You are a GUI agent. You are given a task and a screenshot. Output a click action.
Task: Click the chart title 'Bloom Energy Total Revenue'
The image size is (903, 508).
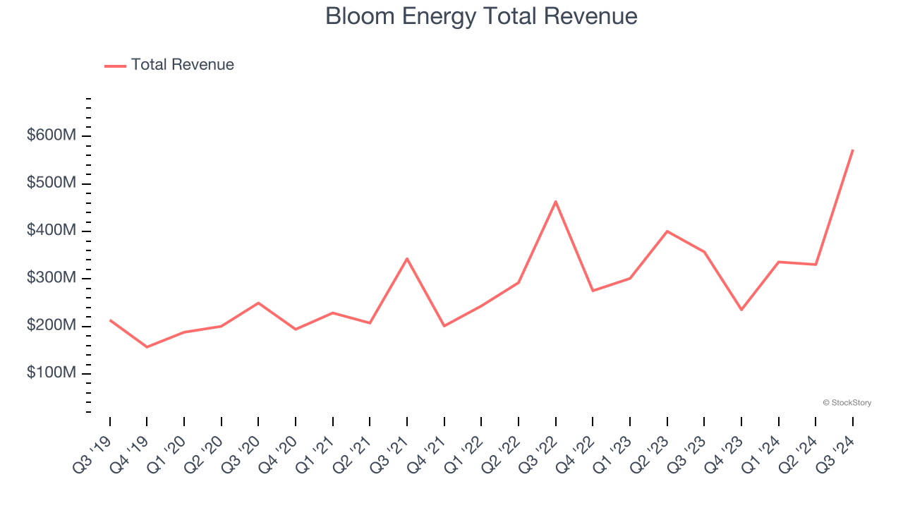click(481, 16)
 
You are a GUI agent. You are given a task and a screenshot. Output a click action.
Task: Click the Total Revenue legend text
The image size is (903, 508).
click(182, 65)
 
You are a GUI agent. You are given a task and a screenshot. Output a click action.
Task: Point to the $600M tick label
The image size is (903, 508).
click(51, 135)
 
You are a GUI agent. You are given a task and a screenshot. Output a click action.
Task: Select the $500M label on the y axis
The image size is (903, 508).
click(51, 183)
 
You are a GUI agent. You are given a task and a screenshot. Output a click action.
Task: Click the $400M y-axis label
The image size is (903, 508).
click(51, 231)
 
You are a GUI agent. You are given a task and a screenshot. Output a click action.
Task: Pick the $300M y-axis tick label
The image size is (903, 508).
click(51, 278)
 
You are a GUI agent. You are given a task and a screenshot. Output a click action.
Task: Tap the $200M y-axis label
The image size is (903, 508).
click(51, 326)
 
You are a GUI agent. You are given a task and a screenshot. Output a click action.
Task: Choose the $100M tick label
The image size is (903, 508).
click(51, 373)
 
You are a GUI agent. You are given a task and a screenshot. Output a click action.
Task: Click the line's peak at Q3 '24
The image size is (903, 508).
click(853, 150)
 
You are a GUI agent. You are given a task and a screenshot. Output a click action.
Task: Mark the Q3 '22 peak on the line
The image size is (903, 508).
click(556, 201)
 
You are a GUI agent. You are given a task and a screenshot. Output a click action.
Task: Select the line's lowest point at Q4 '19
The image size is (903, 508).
click(147, 347)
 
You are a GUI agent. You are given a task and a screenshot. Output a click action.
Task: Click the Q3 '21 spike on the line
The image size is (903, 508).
click(407, 258)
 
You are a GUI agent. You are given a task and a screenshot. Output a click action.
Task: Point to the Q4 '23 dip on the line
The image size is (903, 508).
click(741, 310)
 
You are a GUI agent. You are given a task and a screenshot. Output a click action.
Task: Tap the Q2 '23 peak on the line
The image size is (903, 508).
click(667, 231)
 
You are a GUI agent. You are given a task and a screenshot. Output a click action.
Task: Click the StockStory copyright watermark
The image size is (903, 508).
click(847, 403)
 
